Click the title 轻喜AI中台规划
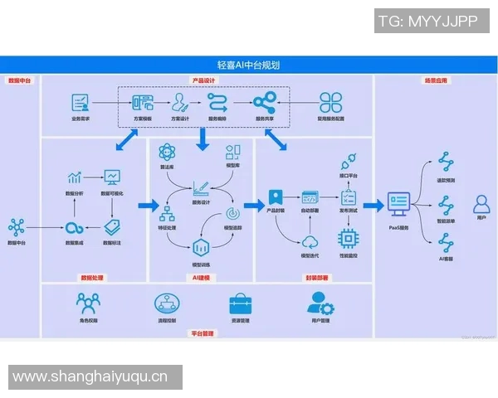(x=248, y=64)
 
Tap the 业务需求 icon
(x=81, y=103)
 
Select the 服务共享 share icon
(x=265, y=103)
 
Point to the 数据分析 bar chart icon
(x=76, y=177)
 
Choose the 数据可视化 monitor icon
(x=112, y=177)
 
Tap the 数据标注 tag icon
(x=112, y=226)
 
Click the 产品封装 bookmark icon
(x=276, y=199)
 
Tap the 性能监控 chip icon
(x=348, y=239)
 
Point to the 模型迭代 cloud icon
(x=310, y=241)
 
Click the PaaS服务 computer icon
(x=398, y=203)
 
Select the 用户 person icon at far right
(x=481, y=203)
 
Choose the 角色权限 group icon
(x=88, y=303)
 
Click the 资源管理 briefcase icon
(x=242, y=303)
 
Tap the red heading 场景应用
(x=435, y=80)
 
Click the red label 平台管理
(x=203, y=333)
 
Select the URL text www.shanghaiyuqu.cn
(x=90, y=377)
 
